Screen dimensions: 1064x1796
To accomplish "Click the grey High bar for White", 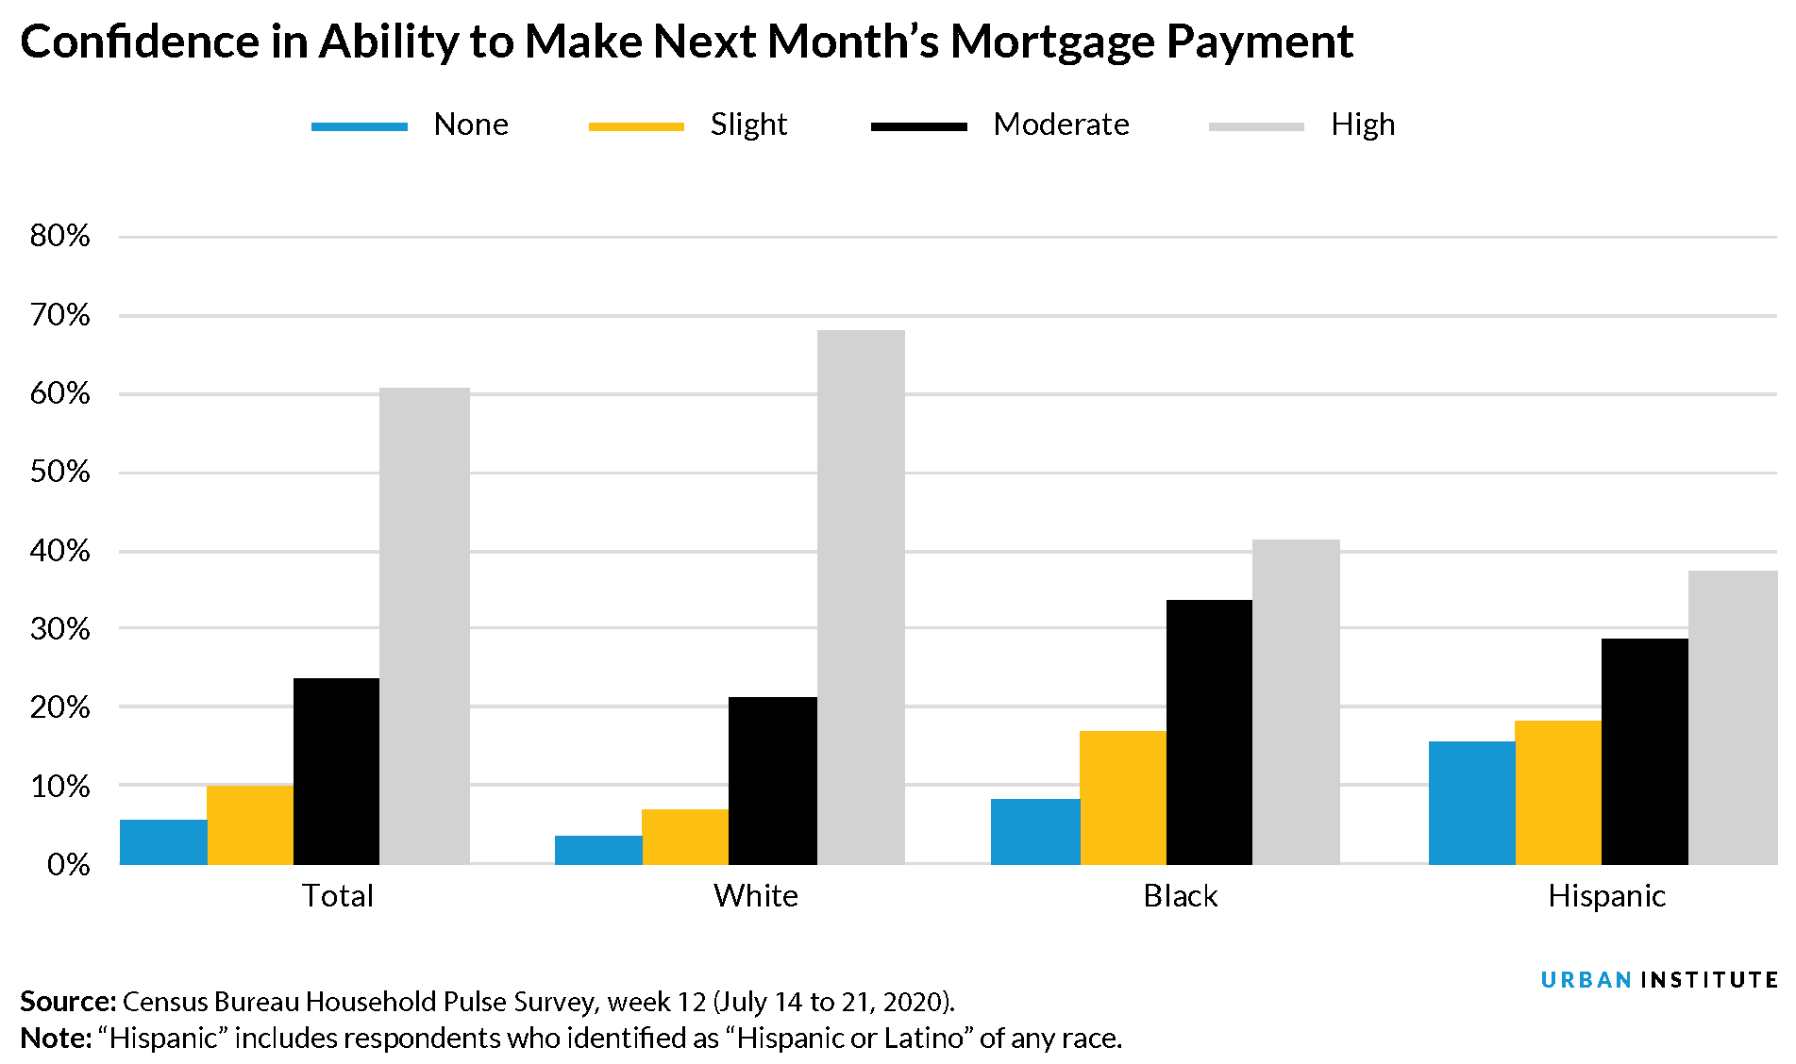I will (x=861, y=596).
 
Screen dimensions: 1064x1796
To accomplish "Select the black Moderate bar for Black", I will (x=1209, y=731).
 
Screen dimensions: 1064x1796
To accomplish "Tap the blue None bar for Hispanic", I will (x=1471, y=803).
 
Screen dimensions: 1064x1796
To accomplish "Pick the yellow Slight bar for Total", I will (x=250, y=824).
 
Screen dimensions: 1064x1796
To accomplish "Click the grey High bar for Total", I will (x=425, y=625).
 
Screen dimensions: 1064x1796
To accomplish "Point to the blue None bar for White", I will (x=598, y=850).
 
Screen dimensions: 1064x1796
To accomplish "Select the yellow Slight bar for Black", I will (x=1123, y=797).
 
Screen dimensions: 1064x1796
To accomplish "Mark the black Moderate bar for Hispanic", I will (x=1644, y=751).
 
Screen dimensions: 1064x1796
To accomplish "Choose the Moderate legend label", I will (x=1061, y=125).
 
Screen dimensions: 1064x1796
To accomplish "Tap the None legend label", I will (x=471, y=125).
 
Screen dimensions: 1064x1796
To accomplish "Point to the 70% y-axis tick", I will (x=60, y=315).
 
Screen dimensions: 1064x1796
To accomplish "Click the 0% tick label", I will (x=68, y=864).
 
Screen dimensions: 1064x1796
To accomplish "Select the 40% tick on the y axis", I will (x=60, y=551).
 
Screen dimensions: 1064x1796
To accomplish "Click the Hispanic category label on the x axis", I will (x=1606, y=895).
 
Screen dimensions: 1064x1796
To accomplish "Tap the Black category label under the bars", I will (x=1180, y=895).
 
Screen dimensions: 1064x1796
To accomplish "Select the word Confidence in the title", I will (x=139, y=42).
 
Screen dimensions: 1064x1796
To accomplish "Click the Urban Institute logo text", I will (x=1658, y=980).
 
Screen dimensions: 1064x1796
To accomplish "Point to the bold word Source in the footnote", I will (x=67, y=1001).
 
